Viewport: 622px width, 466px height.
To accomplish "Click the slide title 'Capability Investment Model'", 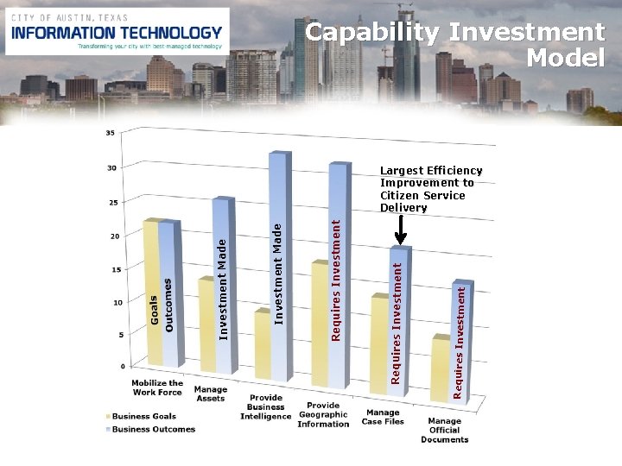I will [456, 45].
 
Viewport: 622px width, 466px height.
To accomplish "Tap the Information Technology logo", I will [117, 32].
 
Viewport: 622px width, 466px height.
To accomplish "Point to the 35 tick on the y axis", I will [110, 133].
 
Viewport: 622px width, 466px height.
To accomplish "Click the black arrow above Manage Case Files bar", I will [401, 230].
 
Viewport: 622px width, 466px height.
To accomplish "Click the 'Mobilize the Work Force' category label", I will [157, 387].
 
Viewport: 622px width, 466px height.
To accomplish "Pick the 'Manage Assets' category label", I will [211, 394].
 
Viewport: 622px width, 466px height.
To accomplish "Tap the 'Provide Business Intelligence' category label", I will [266, 406].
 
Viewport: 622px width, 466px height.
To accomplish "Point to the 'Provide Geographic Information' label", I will [322, 414].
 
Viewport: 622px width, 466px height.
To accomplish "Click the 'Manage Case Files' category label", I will [382, 417].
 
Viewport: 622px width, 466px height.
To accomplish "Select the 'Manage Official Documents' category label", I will [444, 430].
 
